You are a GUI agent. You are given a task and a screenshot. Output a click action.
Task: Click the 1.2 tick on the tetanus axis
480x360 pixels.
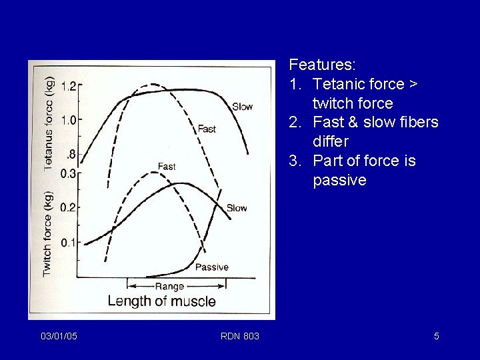(x=69, y=85)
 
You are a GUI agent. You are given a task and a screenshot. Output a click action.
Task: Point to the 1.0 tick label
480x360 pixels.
(x=69, y=120)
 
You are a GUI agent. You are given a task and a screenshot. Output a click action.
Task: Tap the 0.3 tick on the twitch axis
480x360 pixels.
(x=69, y=173)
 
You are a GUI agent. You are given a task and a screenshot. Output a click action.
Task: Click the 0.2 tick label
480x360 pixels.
(x=69, y=207)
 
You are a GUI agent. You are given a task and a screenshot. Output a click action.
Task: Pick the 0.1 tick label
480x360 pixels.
(x=69, y=242)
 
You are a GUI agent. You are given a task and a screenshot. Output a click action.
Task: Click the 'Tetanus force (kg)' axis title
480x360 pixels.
(x=49, y=123)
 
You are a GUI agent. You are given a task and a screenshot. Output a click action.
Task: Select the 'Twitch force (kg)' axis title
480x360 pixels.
(x=47, y=233)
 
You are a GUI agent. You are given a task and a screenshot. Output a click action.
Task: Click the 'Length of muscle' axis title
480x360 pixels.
(x=161, y=301)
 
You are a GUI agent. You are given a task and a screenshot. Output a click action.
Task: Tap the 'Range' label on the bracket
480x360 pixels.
(x=169, y=286)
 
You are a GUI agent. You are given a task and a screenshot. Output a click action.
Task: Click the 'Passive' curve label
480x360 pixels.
(x=211, y=267)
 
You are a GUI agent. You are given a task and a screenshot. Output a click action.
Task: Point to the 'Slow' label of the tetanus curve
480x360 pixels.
(x=242, y=107)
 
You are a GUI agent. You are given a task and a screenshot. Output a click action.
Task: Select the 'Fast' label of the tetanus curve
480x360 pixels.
(x=207, y=129)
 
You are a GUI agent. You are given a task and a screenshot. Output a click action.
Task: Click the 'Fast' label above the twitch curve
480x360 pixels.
(x=167, y=166)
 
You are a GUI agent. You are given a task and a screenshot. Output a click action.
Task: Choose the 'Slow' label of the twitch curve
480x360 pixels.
(x=237, y=208)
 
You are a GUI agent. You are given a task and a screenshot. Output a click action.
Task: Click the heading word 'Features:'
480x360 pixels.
(x=322, y=65)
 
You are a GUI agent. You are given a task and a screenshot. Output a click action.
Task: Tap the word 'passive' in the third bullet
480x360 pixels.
(x=339, y=180)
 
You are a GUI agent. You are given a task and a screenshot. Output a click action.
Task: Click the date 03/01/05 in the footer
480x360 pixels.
(x=59, y=336)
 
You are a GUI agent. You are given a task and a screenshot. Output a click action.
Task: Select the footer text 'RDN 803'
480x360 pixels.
(x=240, y=336)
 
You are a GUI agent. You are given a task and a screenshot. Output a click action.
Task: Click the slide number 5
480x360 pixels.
(x=436, y=336)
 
